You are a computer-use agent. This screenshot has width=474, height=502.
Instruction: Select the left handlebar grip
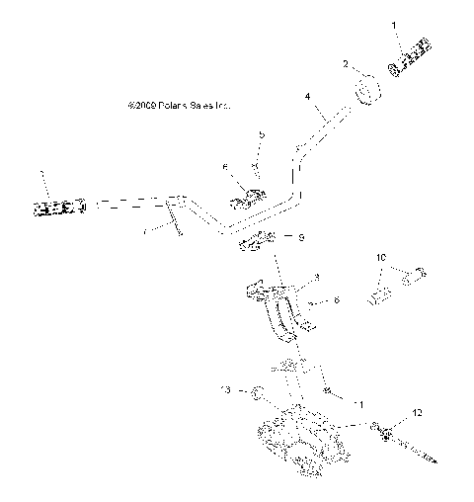(x=59, y=207)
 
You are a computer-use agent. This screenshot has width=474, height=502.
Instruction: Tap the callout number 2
(x=346, y=64)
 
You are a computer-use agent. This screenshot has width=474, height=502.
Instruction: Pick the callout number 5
(x=262, y=133)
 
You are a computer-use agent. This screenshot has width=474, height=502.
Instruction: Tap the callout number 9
(x=274, y=238)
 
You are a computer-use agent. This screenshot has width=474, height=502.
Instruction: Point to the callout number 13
(x=226, y=392)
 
